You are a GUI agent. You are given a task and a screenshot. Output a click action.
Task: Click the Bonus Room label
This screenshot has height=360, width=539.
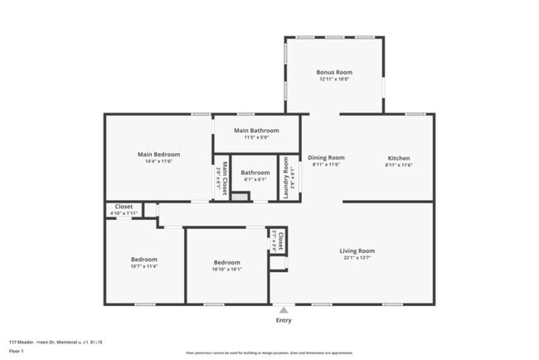coord(334,72)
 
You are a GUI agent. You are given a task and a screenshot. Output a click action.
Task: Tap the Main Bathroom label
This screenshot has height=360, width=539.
coord(256,130)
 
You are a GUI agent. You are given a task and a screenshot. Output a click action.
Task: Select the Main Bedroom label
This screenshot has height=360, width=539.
coord(158,154)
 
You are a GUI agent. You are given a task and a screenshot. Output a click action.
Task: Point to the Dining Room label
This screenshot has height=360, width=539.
coord(326,158)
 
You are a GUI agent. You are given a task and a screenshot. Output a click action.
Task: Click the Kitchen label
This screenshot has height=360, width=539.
coord(399,158)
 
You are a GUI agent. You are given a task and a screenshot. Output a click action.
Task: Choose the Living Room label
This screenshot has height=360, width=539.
coord(357,251)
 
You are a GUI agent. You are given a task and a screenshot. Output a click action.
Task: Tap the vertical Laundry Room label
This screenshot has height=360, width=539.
coord(285,177)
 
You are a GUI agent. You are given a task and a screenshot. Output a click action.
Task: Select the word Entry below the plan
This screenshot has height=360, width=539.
coord(284,320)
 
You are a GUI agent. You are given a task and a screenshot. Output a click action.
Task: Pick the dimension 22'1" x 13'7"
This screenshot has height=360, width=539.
coord(357,258)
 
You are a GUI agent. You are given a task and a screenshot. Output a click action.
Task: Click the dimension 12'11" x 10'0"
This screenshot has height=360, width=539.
coord(334,80)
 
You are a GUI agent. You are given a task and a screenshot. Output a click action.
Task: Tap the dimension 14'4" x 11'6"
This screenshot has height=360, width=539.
coord(158,161)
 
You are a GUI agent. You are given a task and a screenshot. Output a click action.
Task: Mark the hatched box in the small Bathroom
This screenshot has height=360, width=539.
coord(240,197)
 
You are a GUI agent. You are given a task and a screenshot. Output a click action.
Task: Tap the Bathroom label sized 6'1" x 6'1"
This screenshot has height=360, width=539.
coord(255,173)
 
